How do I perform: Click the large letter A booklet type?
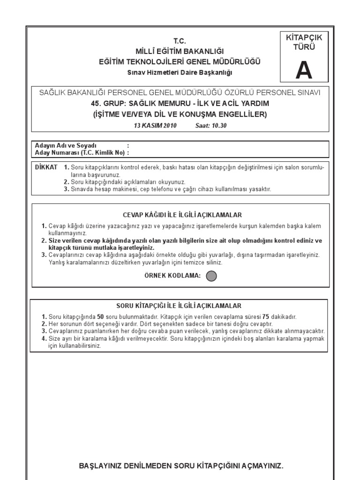pyautogui.click(x=303, y=71)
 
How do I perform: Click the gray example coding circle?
pyautogui.click(x=211, y=276)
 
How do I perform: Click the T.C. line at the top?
pyautogui.click(x=180, y=41)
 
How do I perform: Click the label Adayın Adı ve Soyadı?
pyautogui.click(x=65, y=145)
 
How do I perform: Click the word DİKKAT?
pyautogui.click(x=46, y=167)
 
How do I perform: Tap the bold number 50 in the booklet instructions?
pyautogui.click(x=100, y=317)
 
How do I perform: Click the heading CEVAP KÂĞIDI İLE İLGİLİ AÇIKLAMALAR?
pyautogui.click(x=182, y=215)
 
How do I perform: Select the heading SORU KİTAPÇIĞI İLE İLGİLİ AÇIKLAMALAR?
pyautogui.click(x=181, y=305)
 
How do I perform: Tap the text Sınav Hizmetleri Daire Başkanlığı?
pyautogui.click(x=180, y=72)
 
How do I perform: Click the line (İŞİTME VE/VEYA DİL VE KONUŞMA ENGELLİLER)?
pyautogui.click(x=180, y=114)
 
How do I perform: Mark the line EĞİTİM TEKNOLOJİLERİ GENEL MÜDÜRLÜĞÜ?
pyautogui.click(x=180, y=61)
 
